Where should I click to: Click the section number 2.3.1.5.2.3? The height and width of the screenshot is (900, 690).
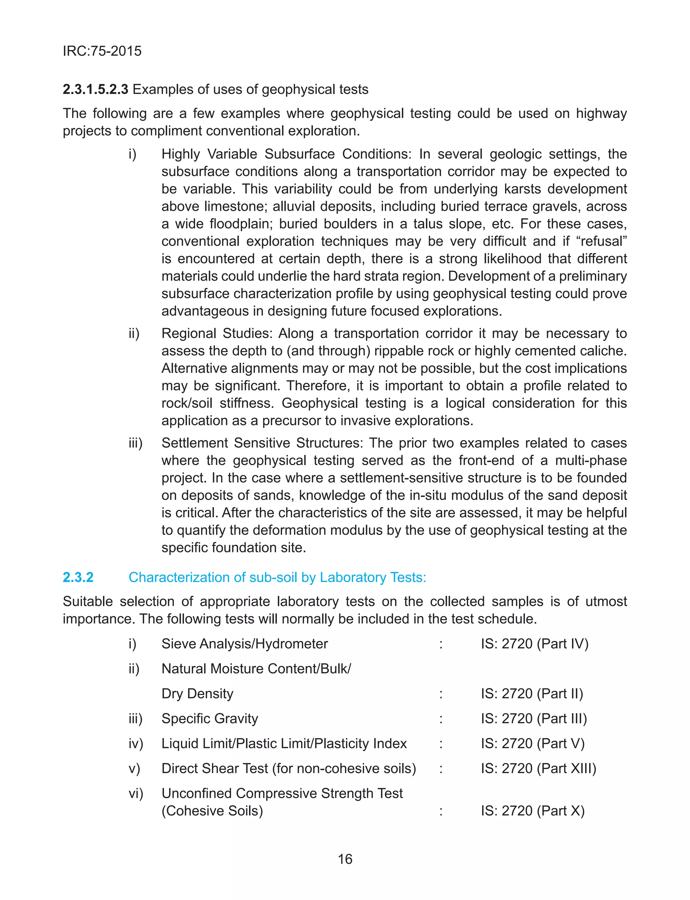click(x=95, y=89)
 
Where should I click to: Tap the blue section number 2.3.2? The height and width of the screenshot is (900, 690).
click(x=78, y=577)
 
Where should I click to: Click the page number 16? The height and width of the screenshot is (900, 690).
click(x=345, y=859)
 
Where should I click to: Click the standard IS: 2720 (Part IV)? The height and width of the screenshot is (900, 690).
click(x=535, y=644)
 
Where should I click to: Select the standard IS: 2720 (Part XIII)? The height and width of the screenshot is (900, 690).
click(x=538, y=768)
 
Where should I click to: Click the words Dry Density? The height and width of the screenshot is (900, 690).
click(x=197, y=693)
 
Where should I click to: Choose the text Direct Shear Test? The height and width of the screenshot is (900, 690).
click(x=214, y=768)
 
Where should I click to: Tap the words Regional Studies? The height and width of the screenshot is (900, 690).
click(x=216, y=333)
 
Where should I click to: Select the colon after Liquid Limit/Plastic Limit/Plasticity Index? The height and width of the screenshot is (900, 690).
click(x=441, y=744)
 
